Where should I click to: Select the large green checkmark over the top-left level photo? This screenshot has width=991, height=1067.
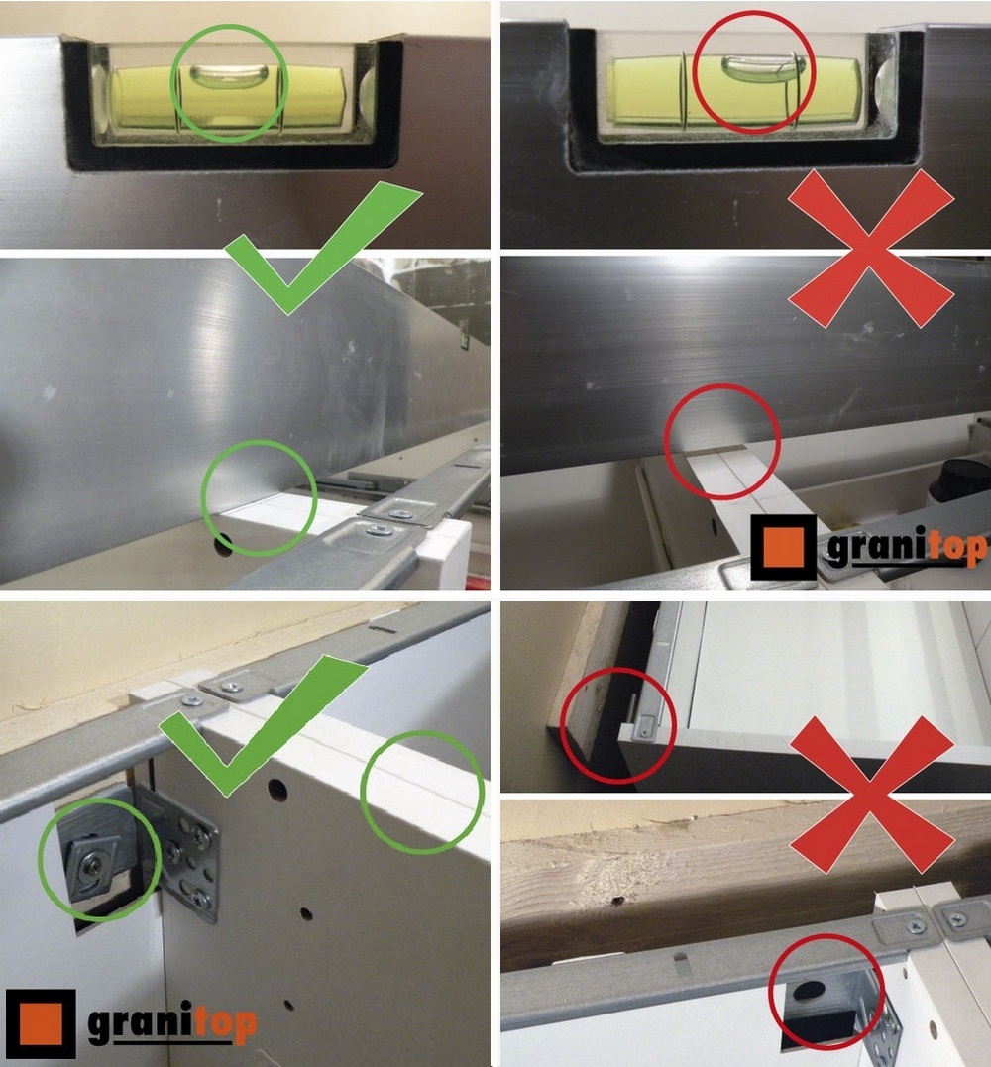tap(323, 248)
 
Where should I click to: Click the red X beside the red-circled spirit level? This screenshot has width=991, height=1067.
tap(871, 249)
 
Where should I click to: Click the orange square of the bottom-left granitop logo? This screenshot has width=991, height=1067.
tap(41, 1023)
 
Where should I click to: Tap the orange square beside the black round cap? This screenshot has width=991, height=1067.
tap(784, 547)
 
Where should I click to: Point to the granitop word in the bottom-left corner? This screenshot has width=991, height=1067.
tap(172, 1022)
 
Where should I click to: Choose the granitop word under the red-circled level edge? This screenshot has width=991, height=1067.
tap(906, 547)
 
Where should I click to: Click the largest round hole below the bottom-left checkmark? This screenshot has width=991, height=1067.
tap(277, 790)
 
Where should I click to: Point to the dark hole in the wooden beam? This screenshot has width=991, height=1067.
tap(617, 903)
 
